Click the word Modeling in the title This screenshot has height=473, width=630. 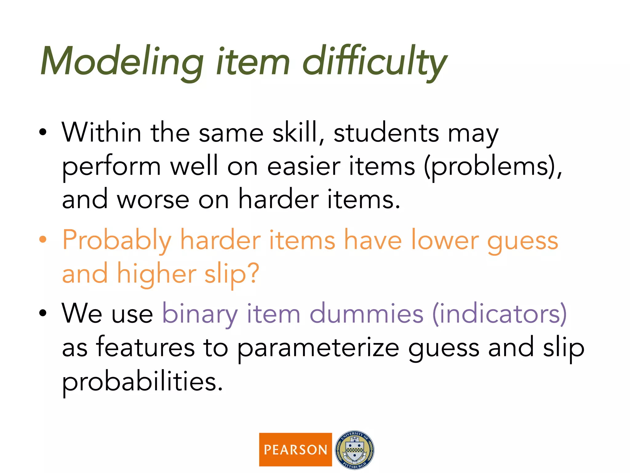122,62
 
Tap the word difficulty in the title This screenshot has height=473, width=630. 374,62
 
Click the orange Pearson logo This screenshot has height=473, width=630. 295,450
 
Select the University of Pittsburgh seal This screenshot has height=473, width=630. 354,450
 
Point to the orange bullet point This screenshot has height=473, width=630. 43,239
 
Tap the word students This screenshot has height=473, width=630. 386,133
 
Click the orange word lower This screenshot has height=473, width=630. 445,240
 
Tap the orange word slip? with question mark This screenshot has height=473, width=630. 232,274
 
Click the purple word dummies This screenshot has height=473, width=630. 366,313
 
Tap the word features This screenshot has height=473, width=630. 145,347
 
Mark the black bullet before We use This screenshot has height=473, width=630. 43,313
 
